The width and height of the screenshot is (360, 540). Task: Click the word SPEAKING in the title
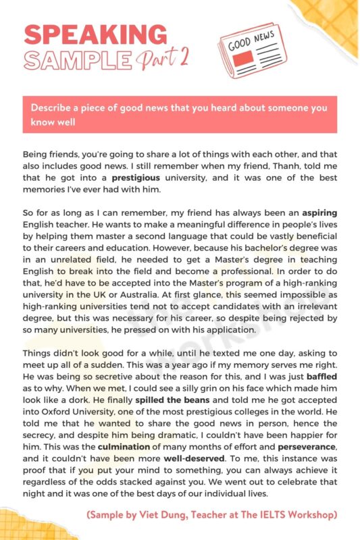[x=95, y=33]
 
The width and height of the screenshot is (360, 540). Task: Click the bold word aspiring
[x=317, y=213]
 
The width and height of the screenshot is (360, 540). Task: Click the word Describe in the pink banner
[x=51, y=108]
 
